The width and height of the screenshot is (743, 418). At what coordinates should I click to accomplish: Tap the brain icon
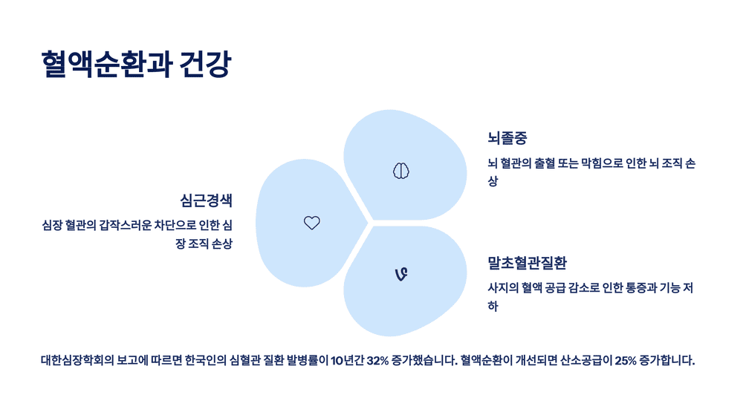click(x=401, y=171)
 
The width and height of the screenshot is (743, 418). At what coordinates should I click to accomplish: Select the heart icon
click(x=312, y=223)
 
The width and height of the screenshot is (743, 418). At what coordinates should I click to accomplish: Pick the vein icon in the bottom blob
click(x=400, y=275)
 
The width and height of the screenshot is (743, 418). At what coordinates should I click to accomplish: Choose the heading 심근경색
click(x=206, y=200)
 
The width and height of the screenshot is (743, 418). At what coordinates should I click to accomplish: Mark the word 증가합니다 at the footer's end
click(x=666, y=362)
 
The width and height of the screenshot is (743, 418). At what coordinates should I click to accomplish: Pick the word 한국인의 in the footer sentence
click(x=202, y=362)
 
